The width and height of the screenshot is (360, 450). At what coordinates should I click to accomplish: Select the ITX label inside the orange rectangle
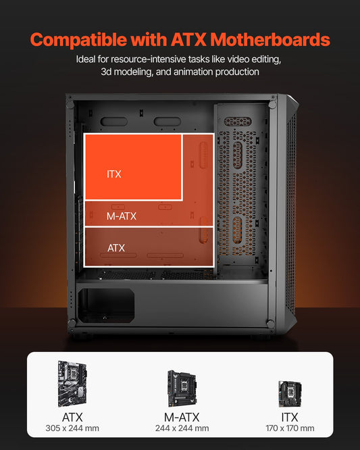pyautogui.click(x=114, y=174)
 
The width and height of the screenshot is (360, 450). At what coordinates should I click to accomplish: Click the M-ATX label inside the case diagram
pyautogui.click(x=122, y=216)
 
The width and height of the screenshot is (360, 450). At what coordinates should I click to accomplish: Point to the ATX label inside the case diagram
pyautogui.click(x=116, y=248)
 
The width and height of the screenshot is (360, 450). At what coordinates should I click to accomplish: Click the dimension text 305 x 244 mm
pyautogui.click(x=73, y=428)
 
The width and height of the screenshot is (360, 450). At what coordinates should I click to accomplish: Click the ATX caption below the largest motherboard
pyautogui.click(x=72, y=416)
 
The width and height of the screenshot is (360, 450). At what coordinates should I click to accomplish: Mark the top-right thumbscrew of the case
pyautogui.click(x=272, y=104)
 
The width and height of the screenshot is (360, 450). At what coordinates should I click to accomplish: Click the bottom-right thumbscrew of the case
pyautogui.click(x=271, y=324)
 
